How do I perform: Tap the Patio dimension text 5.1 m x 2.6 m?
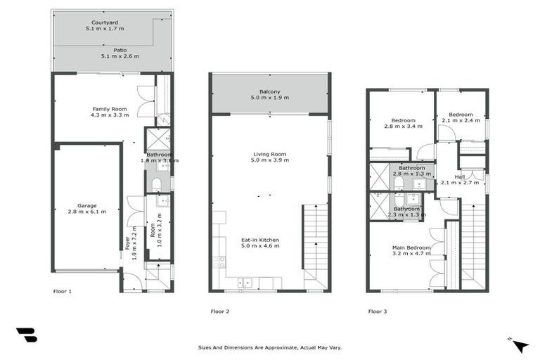120,56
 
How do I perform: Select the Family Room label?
110,108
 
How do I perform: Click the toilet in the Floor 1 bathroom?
157,184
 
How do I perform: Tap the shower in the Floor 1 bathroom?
155,139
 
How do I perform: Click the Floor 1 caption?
63,290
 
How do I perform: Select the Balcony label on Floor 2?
270,91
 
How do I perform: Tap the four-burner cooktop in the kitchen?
219,262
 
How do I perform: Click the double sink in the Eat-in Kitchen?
245,283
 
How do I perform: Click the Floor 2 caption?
220,311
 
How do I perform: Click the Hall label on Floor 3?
460,176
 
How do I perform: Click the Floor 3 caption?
378,311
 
